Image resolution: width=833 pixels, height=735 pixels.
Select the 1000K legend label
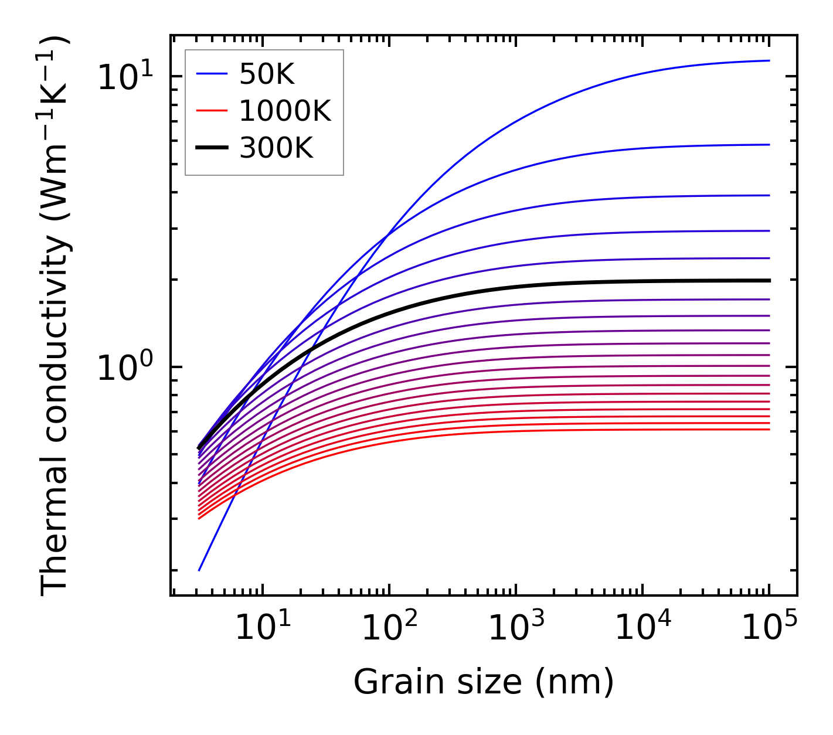285,111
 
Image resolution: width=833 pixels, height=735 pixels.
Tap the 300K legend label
276,148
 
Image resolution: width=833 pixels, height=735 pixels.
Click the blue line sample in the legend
211,74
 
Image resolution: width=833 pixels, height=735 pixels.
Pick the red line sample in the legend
211,111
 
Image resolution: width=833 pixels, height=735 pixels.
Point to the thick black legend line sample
211,148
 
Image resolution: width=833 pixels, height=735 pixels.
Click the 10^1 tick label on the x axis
262,628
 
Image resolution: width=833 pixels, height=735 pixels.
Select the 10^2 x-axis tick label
389,628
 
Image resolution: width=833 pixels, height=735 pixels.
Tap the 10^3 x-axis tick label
516,628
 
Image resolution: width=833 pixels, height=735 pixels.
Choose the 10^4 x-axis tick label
642,628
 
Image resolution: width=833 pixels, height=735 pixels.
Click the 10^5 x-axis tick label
769,628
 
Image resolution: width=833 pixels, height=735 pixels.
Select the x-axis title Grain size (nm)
484,682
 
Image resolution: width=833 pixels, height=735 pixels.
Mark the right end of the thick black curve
769,280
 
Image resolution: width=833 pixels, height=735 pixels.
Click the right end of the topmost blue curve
769,60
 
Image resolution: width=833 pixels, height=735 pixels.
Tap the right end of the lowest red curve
769,430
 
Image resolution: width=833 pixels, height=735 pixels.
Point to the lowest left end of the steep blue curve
199,570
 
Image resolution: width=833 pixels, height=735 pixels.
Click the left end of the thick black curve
199,448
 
